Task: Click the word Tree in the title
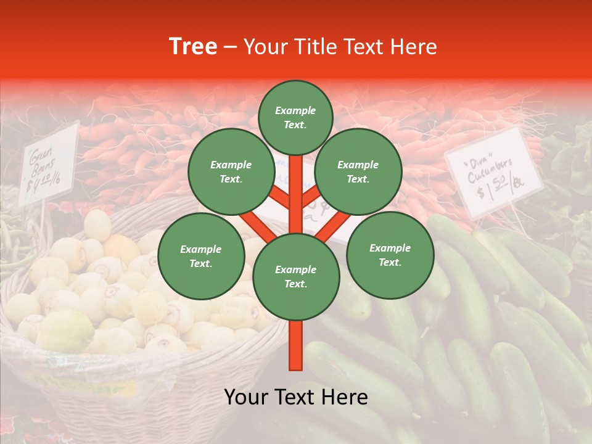(193, 47)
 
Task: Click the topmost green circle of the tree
(295, 117)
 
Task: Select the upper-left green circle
(231, 171)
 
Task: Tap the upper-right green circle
(358, 171)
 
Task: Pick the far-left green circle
(201, 256)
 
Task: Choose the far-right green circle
(390, 255)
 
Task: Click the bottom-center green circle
(295, 276)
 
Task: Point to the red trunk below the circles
(296, 345)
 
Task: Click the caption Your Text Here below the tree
(296, 397)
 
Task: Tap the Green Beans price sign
(48, 163)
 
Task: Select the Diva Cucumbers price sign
(493, 173)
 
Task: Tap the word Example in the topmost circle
(295, 110)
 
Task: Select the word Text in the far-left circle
(201, 263)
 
